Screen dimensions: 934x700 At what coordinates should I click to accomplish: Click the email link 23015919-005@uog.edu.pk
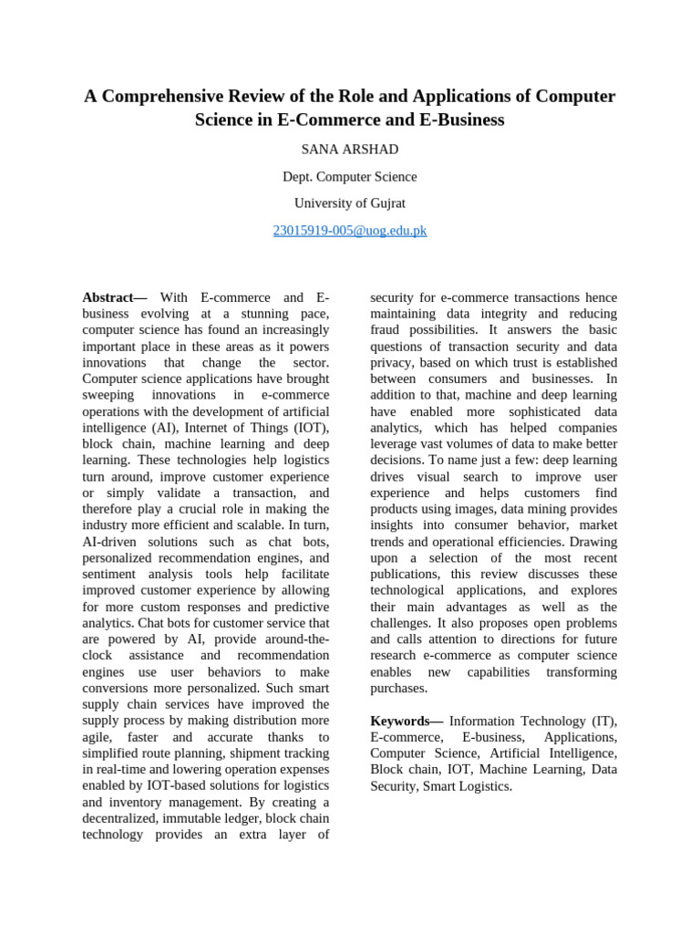click(x=350, y=231)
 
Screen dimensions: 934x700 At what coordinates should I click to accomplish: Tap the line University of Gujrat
click(x=350, y=203)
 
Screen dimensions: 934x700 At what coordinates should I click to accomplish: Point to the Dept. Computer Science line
click(x=350, y=177)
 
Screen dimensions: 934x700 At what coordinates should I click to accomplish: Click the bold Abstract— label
click(x=115, y=297)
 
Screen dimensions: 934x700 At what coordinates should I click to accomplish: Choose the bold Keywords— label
click(x=406, y=721)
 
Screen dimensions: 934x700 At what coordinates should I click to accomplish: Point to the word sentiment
click(x=110, y=575)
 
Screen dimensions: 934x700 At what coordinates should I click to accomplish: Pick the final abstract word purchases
click(x=398, y=689)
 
